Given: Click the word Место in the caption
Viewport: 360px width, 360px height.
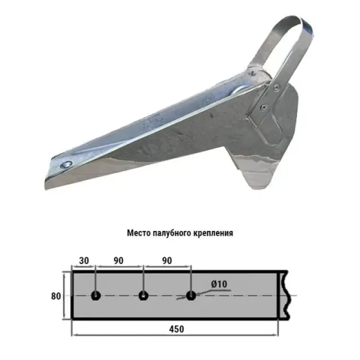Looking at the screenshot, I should click(138, 234).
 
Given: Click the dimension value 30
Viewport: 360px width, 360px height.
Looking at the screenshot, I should click(84, 261).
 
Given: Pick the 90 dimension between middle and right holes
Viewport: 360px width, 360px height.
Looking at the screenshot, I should click(167, 261).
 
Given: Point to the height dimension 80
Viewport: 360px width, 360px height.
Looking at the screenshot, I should click(56, 296).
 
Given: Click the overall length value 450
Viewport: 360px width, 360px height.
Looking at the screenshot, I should click(177, 329).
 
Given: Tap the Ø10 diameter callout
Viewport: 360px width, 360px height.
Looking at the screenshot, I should click(218, 284).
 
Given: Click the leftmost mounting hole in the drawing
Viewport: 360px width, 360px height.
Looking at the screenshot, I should click(96, 296).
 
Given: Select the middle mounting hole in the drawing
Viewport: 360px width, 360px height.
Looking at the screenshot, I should click(143, 296).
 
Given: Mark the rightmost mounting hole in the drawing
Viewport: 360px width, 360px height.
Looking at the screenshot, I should click(191, 296).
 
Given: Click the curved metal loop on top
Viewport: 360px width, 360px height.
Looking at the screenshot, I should click(288, 40).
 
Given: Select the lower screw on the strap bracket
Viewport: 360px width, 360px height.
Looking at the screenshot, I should click(263, 107).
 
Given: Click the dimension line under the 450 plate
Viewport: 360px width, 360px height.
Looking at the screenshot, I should click(135, 335).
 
